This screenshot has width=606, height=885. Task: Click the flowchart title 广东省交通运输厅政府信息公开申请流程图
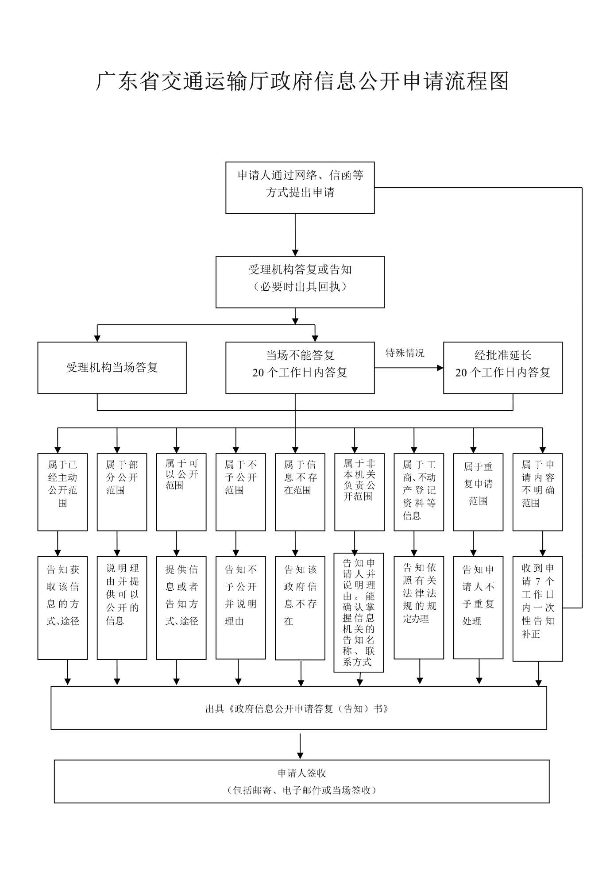click(302, 81)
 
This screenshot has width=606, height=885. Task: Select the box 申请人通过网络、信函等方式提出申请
click(300, 188)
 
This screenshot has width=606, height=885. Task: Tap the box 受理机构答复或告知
click(300, 282)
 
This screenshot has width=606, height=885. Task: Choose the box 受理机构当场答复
click(112, 368)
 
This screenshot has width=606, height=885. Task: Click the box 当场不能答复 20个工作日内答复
click(300, 368)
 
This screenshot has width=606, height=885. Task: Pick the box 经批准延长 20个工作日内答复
click(502, 368)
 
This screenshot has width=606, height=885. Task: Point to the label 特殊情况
click(405, 353)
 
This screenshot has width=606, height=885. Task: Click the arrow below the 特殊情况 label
click(409, 368)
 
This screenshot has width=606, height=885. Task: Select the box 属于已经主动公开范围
click(62, 492)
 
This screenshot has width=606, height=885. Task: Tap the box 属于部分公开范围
click(122, 492)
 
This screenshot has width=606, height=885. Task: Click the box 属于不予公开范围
click(240, 492)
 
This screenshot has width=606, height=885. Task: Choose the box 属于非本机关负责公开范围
click(359, 492)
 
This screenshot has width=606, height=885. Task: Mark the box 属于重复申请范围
click(478, 492)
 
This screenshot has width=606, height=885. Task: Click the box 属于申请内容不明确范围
click(537, 492)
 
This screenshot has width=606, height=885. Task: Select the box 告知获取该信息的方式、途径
click(62, 608)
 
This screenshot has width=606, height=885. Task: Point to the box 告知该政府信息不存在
click(300, 608)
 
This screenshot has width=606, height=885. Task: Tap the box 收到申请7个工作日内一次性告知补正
click(537, 608)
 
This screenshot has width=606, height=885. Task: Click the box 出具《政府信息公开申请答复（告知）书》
click(298, 708)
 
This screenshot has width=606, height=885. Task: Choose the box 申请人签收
click(301, 781)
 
